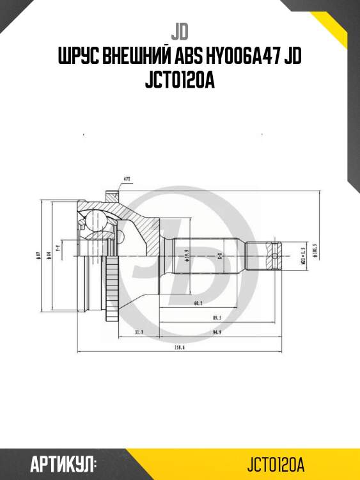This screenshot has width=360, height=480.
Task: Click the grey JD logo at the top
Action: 180,30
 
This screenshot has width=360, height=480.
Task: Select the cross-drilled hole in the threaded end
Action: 275,258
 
